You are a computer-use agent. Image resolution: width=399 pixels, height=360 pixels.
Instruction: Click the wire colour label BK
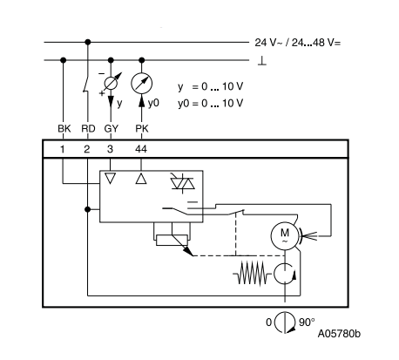[x=64, y=128]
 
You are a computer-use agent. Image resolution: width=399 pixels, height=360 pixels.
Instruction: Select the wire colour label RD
[x=88, y=128]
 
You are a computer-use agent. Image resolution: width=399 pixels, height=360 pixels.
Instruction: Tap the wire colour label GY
[x=111, y=128]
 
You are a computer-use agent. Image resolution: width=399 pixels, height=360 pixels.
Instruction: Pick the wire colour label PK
[x=142, y=128]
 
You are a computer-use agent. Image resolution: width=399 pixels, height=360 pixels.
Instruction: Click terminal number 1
[x=63, y=149]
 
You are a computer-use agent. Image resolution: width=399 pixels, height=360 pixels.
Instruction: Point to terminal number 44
[x=141, y=149]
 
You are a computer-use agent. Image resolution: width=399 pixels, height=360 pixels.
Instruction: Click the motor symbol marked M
[x=285, y=234]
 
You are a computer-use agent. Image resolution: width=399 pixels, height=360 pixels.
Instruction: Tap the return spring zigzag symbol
[x=252, y=273]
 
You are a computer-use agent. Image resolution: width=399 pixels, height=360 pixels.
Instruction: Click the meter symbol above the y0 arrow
[x=141, y=83]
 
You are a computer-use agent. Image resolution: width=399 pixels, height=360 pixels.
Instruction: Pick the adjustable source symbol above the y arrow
[x=111, y=84]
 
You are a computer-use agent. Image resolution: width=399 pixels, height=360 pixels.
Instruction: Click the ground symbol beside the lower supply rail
[x=262, y=61]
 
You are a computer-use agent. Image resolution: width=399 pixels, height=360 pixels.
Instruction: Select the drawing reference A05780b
[x=339, y=334]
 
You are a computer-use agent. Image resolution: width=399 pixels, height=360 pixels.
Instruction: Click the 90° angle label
[x=307, y=322]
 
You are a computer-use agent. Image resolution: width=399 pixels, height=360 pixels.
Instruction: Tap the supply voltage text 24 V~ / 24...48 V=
[x=298, y=43]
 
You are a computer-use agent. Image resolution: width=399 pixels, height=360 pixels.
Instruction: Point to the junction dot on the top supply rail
[x=88, y=42]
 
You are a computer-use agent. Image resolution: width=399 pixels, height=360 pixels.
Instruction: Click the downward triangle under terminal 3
[x=110, y=179]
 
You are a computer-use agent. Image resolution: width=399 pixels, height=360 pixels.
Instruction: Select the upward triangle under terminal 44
[x=141, y=179]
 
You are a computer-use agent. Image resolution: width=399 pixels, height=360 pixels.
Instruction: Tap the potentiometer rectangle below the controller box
[x=172, y=241]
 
